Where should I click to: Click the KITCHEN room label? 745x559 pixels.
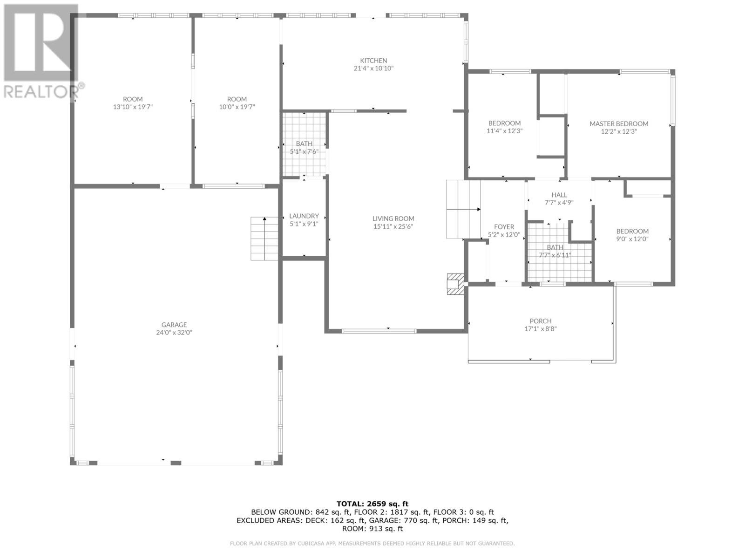click(373, 61)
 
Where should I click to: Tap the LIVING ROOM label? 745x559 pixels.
click(393, 218)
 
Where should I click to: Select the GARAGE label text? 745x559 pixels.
click(174, 325)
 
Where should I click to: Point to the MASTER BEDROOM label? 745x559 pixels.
click(619, 123)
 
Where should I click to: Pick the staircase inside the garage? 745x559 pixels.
click(264, 239)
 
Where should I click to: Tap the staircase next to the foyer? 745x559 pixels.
click(463, 210)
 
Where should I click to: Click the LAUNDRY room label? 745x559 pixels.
click(304, 216)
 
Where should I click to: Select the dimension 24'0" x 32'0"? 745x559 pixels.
click(174, 333)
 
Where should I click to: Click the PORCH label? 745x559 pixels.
click(541, 321)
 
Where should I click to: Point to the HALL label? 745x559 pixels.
click(559, 195)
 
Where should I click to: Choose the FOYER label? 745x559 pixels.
click(504, 227)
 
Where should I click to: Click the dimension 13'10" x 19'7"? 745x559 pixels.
click(133, 107)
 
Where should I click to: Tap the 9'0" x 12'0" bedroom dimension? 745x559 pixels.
click(632, 239)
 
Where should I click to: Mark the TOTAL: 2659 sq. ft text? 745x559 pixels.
click(372, 504)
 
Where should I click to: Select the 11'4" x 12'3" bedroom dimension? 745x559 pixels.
click(504, 131)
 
